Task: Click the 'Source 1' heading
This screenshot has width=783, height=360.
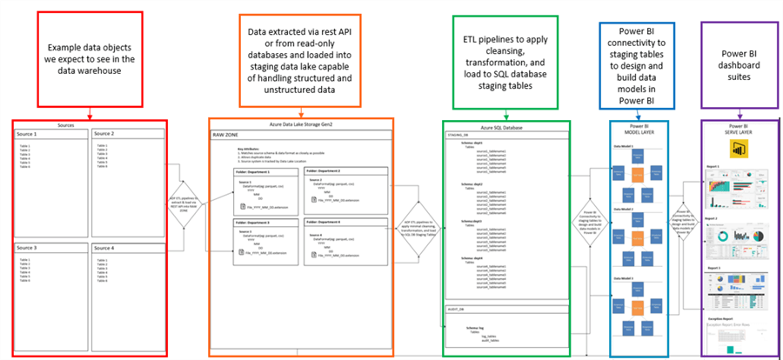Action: pyautogui.click(x=29, y=134)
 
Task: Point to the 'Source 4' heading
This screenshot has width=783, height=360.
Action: pyautogui.click(x=106, y=247)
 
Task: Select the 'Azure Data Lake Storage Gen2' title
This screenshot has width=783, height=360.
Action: pyautogui.click(x=301, y=126)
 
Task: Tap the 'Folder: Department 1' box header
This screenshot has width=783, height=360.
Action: pyautogui.click(x=258, y=172)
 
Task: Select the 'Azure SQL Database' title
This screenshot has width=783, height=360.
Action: pyautogui.click(x=494, y=126)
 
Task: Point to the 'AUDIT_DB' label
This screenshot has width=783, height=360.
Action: pyautogui.click(x=455, y=308)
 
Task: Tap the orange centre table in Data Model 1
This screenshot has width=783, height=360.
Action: pyautogui.click(x=637, y=160)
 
